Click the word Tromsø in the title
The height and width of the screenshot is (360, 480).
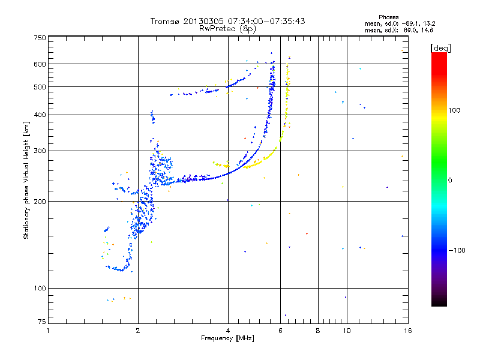[166, 21]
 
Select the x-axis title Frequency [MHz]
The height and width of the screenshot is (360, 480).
[228, 338]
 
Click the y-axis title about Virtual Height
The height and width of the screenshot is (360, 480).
[26, 180]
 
